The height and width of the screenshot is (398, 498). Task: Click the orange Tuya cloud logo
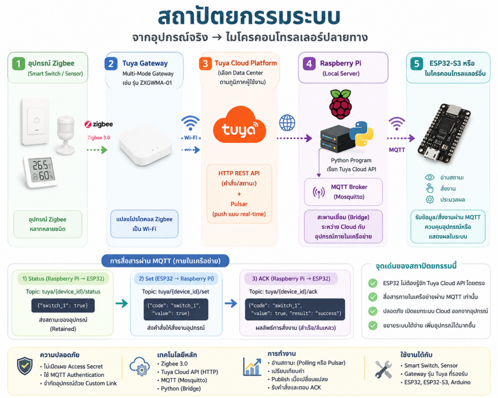pyautogui.click(x=239, y=125)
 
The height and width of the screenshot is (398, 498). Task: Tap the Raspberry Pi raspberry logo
pyautogui.click(x=340, y=104)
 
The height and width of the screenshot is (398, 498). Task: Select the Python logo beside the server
pyautogui.click(x=361, y=134)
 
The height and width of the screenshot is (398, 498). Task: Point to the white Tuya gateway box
pyautogui.click(x=145, y=145)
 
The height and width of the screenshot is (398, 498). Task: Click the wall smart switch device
pyautogui.click(x=35, y=121)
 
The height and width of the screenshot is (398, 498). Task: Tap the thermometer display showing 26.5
pyautogui.click(x=40, y=172)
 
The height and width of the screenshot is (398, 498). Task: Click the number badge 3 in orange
pyautogui.click(x=205, y=64)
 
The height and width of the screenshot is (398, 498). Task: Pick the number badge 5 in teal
pyautogui.click(x=416, y=64)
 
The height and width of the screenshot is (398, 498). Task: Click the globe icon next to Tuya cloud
pyautogui.click(x=287, y=123)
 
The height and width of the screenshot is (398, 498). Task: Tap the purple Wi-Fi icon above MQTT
pyautogui.click(x=397, y=123)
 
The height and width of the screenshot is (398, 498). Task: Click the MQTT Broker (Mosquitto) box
pyautogui.click(x=343, y=191)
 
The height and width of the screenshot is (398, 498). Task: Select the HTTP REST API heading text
pyautogui.click(x=239, y=173)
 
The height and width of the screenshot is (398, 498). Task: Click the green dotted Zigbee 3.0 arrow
pyautogui.click(x=97, y=150)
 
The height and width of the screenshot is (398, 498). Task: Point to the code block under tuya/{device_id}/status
pyautogui.click(x=63, y=306)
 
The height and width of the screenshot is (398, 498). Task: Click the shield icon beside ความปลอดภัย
pyautogui.click(x=25, y=365)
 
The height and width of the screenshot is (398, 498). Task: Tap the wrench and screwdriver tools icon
pyautogui.click(x=383, y=369)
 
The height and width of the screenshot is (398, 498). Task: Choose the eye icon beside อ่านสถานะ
pyautogui.click(x=429, y=177)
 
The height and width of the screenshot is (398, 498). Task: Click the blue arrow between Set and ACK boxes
pyautogui.click(x=231, y=303)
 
